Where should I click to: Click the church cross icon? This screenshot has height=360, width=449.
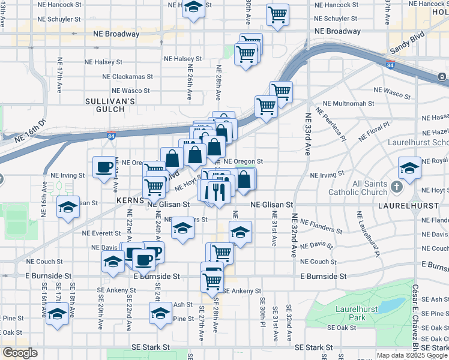[396, 187]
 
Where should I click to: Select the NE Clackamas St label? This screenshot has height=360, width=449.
[128, 77]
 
